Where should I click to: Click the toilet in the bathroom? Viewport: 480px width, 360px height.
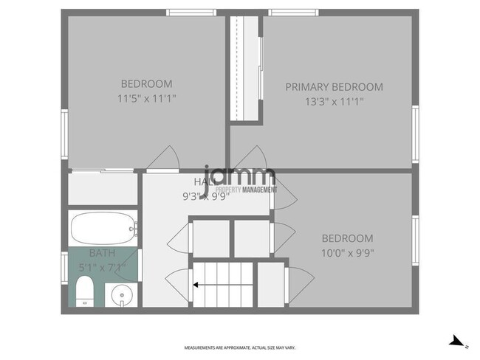[x=83, y=291]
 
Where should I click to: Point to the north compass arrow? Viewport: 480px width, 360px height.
[x=459, y=341]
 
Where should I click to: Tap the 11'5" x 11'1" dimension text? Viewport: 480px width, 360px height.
[x=147, y=97]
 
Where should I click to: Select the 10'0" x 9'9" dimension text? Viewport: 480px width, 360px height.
[x=347, y=253]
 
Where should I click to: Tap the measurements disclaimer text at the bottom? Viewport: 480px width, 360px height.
[x=239, y=347]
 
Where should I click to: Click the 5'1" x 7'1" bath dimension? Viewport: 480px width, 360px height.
[x=102, y=267]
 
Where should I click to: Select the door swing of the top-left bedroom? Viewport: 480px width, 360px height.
[x=164, y=156]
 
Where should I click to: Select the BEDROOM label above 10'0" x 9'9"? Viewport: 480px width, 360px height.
[x=347, y=238]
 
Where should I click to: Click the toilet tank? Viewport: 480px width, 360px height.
[x=74, y=291]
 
